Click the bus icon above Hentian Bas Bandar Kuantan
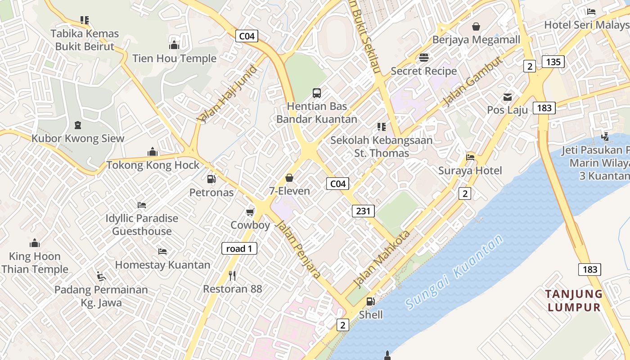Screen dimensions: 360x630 (317, 93)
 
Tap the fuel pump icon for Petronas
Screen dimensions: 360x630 (211, 179)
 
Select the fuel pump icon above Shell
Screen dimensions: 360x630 (370, 301)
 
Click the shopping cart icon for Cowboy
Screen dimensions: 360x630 (250, 212)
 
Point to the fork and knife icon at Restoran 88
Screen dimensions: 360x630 (232, 275)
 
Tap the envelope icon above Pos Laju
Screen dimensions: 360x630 (508, 97)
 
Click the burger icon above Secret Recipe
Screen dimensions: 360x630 (423, 58)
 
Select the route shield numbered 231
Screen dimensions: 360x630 (363, 211)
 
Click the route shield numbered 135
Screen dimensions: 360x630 (553, 62)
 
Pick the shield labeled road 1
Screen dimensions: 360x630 (239, 248)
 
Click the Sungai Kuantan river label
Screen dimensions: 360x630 (454, 273)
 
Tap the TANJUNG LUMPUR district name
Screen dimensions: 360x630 (574, 301)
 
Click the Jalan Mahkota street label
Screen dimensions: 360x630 (382, 259)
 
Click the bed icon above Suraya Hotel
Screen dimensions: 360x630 (470, 157)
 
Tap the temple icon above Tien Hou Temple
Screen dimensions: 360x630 (174, 45)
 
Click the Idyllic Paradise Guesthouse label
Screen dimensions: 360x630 (142, 225)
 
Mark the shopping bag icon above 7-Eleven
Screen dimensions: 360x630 (289, 178)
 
